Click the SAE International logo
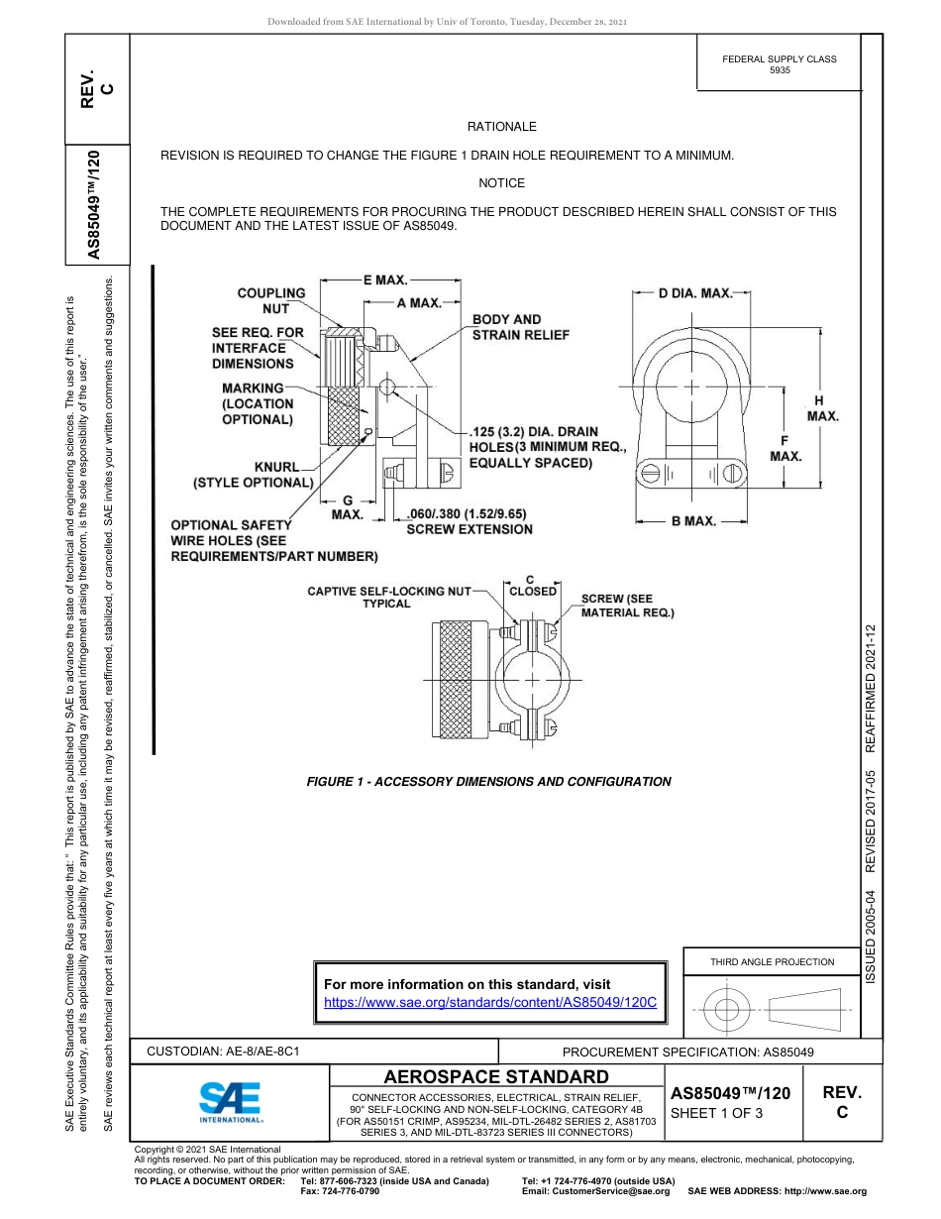click(230, 1101)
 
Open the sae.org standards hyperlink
click(490, 1002)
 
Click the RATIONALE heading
click(501, 127)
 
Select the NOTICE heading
click(501, 183)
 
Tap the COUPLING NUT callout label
click(270, 300)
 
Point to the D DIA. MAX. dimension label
click(695, 293)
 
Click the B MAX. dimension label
click(693, 520)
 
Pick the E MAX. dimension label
click(384, 281)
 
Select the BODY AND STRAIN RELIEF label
click(520, 327)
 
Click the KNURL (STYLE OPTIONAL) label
click(255, 474)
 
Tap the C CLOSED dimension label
click(532, 586)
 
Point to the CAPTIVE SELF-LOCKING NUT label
click(388, 597)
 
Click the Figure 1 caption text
click(488, 782)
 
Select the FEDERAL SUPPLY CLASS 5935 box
click(779, 64)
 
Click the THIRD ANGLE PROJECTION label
click(772, 961)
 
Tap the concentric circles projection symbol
click(727, 1010)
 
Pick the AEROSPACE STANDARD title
click(496, 1076)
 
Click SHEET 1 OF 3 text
click(718, 1113)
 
